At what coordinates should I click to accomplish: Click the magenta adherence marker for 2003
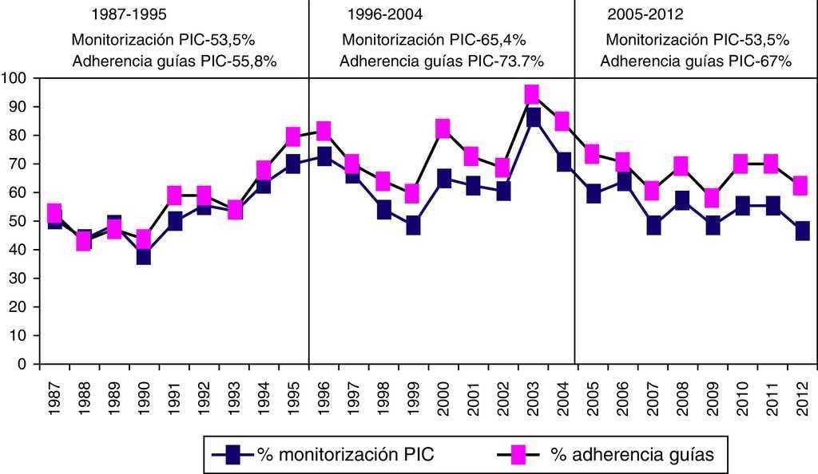(532, 95)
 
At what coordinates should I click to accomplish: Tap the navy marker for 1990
(144, 255)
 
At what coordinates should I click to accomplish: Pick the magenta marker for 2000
(443, 128)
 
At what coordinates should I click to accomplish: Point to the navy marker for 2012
(802, 231)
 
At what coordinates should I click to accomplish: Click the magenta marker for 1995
(293, 136)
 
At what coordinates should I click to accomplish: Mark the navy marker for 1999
(413, 226)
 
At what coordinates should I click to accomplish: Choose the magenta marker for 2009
(713, 198)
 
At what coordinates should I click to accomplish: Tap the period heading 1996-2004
(385, 15)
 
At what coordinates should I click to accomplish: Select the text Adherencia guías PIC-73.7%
(442, 61)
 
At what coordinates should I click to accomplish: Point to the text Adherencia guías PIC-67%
(696, 61)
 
